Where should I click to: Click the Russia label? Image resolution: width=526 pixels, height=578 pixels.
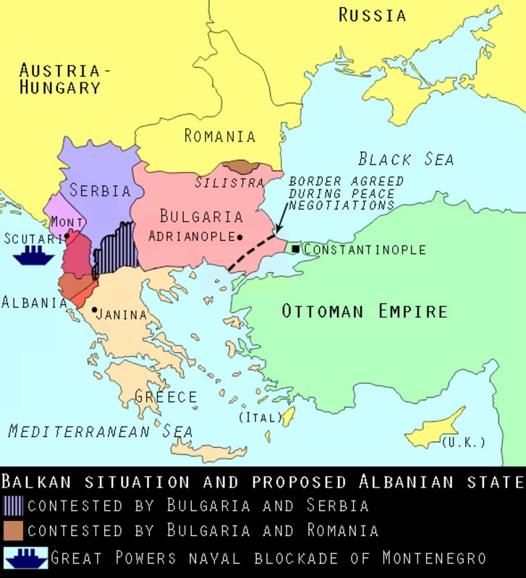tap(372, 14)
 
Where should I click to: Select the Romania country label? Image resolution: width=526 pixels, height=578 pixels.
tap(220, 136)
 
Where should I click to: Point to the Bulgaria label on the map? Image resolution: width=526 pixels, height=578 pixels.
tap(200, 216)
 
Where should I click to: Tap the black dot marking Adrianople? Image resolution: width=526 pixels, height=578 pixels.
tap(239, 237)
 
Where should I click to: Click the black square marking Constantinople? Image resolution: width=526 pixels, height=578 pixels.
tap(296, 249)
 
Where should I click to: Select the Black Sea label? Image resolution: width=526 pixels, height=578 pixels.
tap(406, 159)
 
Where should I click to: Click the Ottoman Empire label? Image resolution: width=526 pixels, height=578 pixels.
tap(364, 312)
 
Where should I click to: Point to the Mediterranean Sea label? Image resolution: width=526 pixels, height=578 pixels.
tap(101, 431)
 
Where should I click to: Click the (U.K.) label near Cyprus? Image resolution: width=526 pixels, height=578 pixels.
tap(462, 442)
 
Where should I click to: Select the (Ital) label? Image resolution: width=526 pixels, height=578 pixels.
tap(255, 418)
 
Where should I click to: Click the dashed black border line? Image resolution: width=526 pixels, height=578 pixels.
tap(251, 253)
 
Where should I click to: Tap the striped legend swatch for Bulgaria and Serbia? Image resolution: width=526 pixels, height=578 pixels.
tap(14, 506)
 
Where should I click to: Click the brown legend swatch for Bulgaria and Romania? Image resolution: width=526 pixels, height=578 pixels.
tap(14, 530)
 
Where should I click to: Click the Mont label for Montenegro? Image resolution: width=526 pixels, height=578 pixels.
tap(67, 222)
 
